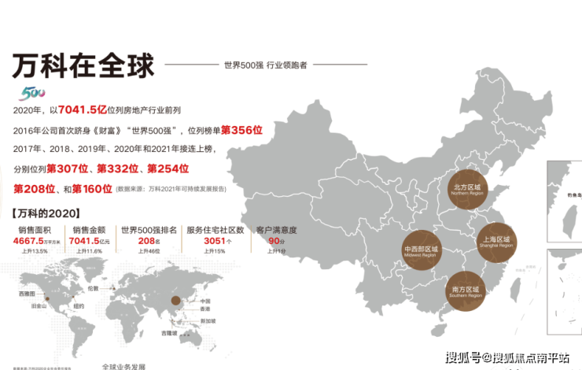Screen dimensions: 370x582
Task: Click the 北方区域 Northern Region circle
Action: [470, 190]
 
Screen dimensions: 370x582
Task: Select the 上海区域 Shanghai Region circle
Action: [495, 242]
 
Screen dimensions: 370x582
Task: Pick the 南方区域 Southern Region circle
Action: [467, 288]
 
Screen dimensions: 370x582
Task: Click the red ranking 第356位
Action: [241, 129]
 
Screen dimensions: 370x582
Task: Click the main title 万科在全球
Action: [83, 65]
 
